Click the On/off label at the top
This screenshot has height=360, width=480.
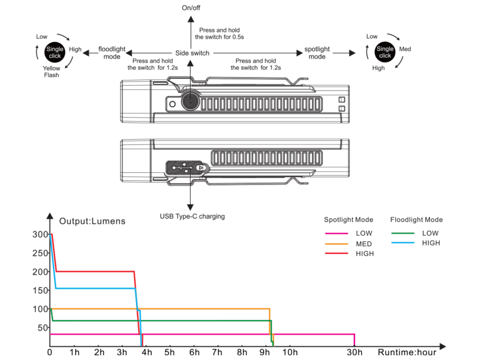(x=191, y=7)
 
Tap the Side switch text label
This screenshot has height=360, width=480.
(x=192, y=53)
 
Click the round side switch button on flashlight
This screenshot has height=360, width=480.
(x=189, y=101)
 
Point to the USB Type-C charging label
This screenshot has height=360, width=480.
(x=192, y=217)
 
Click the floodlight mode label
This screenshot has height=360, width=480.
(x=112, y=53)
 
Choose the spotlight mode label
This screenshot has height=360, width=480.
(x=317, y=53)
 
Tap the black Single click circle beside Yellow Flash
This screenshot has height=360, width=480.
(x=55, y=52)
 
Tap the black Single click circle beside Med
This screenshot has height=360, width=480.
(x=385, y=52)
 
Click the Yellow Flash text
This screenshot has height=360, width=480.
(x=52, y=72)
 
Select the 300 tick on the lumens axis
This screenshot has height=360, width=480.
(x=39, y=234)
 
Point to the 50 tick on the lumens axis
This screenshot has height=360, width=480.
(x=42, y=327)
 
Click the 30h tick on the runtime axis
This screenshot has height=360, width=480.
(x=355, y=353)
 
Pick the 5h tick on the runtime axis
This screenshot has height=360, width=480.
(x=170, y=353)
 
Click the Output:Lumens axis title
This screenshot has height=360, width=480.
(x=92, y=221)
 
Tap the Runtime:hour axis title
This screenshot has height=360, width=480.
(x=407, y=353)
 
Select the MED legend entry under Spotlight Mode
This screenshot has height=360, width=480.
(x=364, y=244)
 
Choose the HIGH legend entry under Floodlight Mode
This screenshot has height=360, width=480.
(x=430, y=243)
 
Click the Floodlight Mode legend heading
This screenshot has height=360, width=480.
(x=417, y=220)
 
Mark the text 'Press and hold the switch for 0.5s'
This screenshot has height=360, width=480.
(x=219, y=34)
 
